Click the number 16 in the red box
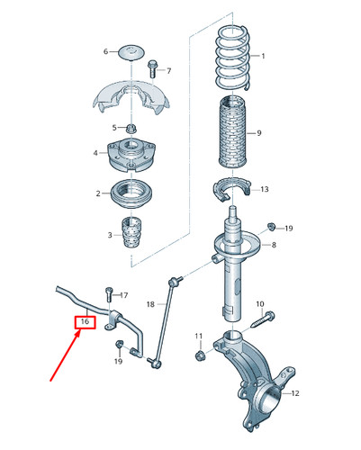pos(85,321)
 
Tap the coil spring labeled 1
pos(233,58)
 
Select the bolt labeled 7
pos(152,68)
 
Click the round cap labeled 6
pos(131,52)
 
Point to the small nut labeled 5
pos(131,129)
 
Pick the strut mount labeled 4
pos(131,155)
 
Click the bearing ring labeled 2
pos(131,193)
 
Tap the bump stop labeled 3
pos(132,232)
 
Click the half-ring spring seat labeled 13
pos(231,189)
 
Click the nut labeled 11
pos(199,356)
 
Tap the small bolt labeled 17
pos(109,294)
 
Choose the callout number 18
pos(150,304)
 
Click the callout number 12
pos(295,393)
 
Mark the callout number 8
pos(274,245)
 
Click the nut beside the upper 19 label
pos(271,226)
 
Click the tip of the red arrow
pos(80,329)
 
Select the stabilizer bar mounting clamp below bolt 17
pos(113,320)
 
